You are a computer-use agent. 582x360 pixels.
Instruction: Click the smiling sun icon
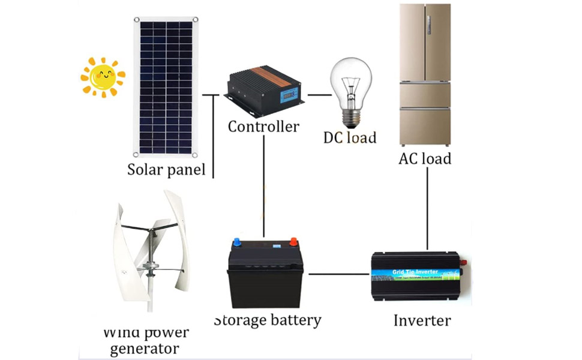point(103,77)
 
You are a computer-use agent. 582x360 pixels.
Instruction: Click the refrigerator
point(425,75)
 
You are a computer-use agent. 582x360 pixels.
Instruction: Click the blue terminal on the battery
point(238,243)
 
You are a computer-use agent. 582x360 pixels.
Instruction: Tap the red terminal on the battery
point(294,243)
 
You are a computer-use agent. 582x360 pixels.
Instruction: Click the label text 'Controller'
point(263,127)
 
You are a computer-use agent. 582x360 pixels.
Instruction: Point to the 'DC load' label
point(350,137)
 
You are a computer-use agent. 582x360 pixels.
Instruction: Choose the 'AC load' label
point(425,159)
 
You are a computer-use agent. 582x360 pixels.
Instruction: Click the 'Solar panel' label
point(166,169)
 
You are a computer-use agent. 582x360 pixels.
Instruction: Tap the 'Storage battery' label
point(268,320)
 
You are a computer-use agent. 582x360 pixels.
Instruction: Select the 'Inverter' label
point(422,320)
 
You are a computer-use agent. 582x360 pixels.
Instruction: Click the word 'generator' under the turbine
point(145,348)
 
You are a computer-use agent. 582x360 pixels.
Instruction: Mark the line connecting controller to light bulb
point(320,95)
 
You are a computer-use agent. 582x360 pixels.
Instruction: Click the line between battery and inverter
point(338,274)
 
